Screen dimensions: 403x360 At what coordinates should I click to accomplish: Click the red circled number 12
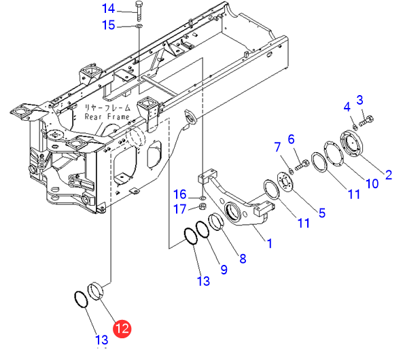coord(122,329)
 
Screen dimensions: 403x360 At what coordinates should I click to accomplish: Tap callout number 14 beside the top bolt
coord(109,8)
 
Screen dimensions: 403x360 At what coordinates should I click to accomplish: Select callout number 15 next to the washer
coord(109,25)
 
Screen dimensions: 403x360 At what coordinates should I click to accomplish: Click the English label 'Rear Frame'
coord(107,117)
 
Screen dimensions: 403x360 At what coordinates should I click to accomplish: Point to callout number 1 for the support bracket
coord(269,243)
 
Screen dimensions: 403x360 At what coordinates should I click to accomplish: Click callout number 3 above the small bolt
coord(360,100)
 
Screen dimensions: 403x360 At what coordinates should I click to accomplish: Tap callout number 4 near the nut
coord(347,107)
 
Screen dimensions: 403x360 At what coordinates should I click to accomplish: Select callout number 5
coord(322,213)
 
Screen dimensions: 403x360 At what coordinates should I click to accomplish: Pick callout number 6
coord(291,139)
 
